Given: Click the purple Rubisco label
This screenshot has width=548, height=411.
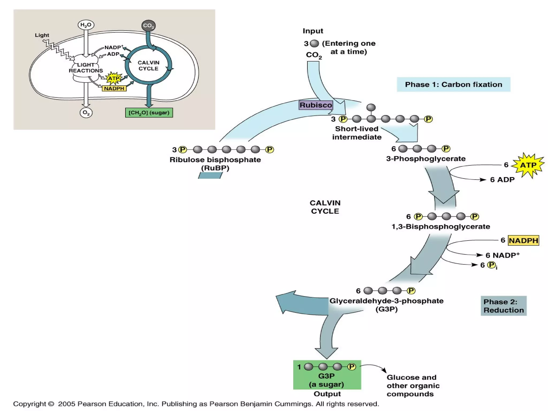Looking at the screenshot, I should tap(316, 105).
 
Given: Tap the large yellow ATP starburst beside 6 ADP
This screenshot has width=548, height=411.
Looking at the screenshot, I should tap(528, 165).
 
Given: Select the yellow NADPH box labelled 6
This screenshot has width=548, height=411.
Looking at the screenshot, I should tap(523, 240).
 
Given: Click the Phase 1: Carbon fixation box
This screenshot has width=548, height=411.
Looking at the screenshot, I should tap(453, 85).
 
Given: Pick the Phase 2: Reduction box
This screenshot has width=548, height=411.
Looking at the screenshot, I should tap(503, 306).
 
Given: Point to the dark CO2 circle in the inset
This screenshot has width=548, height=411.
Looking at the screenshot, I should tap(149, 26).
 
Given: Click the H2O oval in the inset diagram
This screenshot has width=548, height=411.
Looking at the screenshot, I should tap(86, 25).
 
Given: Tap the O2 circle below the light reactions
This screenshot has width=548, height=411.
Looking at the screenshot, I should tap(86, 113).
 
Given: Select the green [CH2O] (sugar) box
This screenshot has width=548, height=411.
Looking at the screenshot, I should tap(149, 113).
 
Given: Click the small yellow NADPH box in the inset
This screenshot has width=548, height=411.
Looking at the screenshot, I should tap(114, 89).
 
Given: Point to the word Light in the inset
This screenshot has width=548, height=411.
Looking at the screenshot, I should tap(42, 35).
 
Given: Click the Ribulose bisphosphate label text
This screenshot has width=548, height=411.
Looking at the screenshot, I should tap(215, 160).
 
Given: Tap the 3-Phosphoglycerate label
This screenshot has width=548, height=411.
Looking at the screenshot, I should tap(426, 159).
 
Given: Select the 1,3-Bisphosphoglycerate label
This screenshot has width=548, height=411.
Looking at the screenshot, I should tap(441, 227).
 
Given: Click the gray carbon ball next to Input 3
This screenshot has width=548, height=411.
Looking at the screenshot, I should tap(314, 43).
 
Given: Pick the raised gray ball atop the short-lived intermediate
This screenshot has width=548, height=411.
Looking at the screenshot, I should tap(371, 107).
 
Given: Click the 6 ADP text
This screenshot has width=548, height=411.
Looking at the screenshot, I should tap(502, 180).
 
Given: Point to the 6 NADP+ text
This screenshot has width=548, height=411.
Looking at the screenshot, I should tap(502, 255).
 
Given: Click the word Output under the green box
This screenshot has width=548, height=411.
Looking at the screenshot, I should tap(327, 394).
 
